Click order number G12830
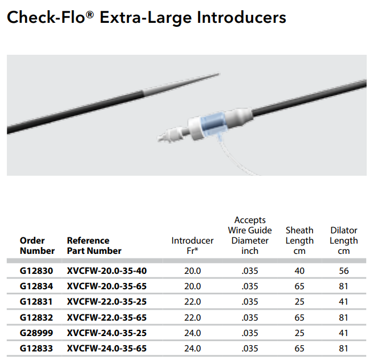tap(37, 271)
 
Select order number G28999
tap(37, 333)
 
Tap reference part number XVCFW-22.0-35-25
tap(107, 302)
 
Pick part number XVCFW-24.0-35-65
tap(107, 348)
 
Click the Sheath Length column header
tap(299, 240)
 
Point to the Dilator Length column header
tap(343, 240)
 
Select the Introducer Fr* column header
tap(192, 245)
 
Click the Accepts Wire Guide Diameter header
tap(250, 235)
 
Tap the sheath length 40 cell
tap(299, 271)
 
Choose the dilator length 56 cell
tap(343, 271)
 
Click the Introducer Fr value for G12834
tap(193, 286)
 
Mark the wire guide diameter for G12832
tap(250, 318)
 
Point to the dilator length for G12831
tap(343, 302)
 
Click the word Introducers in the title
tap(241, 18)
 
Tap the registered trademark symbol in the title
tap(90, 15)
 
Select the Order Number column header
tap(37, 245)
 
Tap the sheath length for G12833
tap(299, 348)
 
